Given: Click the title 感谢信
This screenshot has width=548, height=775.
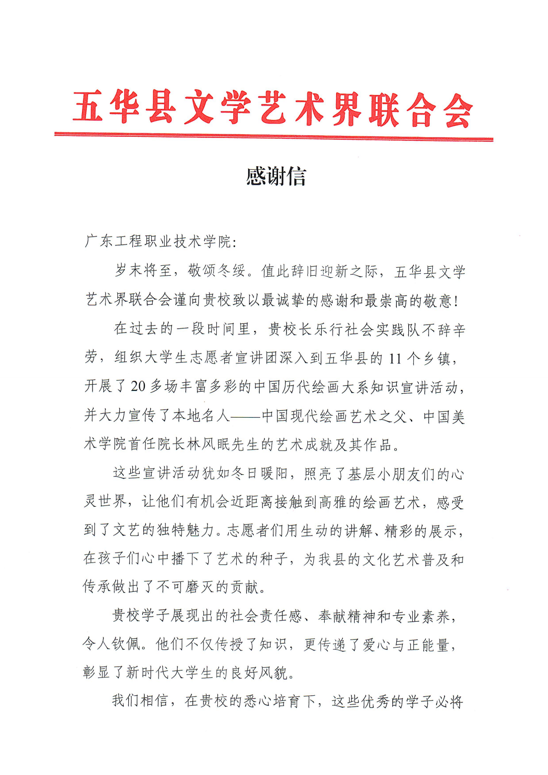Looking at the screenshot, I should point(276,176).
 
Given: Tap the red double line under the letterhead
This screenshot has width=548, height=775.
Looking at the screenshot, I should point(274,136).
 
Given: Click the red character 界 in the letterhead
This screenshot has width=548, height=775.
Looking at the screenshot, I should point(347,109).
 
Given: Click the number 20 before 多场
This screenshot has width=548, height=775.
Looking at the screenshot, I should point(138,387).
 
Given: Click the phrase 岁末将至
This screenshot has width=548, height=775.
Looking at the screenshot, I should point(143,271).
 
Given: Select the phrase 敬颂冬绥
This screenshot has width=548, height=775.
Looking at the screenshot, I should point(216,271).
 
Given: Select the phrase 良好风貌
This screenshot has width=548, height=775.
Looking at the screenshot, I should point(259,673).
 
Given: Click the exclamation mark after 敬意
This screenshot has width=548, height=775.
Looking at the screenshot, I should point(456,301).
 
